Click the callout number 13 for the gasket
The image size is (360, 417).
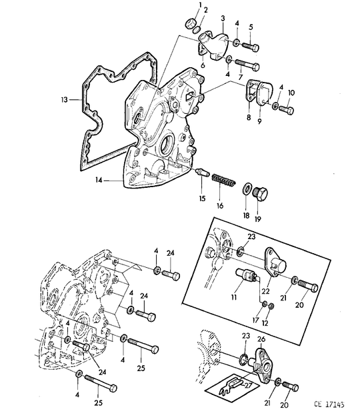[65, 100]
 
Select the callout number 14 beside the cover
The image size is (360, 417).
[99, 181]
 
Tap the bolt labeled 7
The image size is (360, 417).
[247, 65]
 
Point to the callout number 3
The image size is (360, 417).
[223, 19]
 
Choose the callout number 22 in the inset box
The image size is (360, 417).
[265, 291]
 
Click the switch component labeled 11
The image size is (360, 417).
[247, 274]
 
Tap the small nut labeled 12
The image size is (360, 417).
[271, 306]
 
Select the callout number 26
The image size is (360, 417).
[261, 339]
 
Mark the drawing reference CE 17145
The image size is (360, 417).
[329, 404]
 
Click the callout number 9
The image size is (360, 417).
[259, 121]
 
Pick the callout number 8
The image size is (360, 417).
[249, 117]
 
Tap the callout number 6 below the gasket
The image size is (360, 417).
[203, 65]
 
